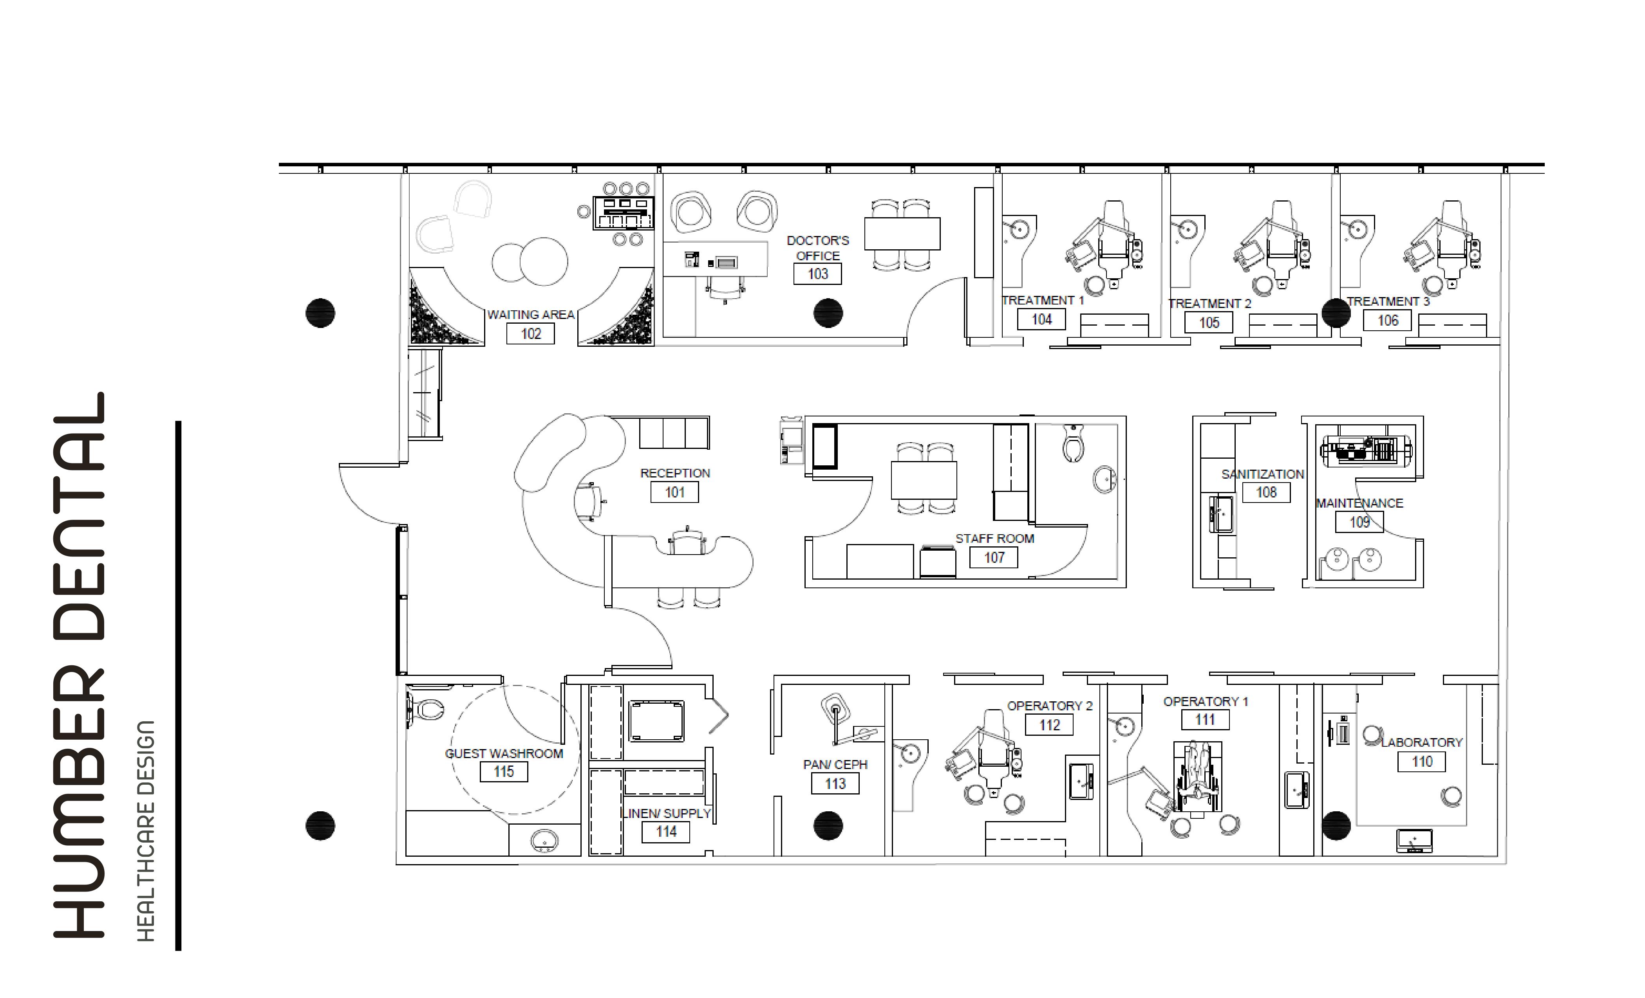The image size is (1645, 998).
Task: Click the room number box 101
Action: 674,492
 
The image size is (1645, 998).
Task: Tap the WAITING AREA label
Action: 531,314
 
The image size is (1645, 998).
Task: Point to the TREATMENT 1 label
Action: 1043,300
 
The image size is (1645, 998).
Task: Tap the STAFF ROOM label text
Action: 995,539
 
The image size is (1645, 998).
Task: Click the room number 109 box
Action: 1359,522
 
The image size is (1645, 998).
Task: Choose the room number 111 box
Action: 1205,719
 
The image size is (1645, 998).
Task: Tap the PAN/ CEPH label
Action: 835,764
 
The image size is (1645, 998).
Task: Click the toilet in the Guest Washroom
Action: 425,708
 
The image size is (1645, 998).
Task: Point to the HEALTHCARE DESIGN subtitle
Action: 146,830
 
